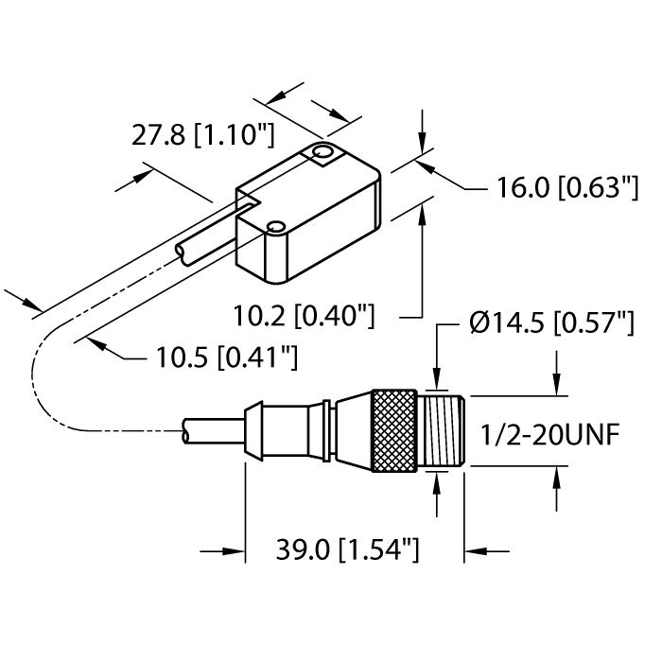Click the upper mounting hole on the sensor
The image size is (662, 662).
pos(322,152)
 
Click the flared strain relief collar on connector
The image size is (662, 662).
pos(255,431)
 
